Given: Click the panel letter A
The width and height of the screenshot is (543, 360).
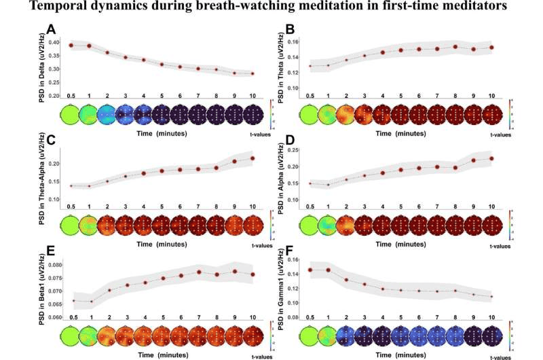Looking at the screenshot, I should tap(51, 29).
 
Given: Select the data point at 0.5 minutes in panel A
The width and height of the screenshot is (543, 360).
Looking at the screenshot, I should tap(71, 46).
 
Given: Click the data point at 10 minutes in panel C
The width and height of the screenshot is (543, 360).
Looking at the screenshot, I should tap(252, 158).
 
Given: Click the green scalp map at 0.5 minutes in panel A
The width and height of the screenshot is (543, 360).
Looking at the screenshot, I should tap(71, 114).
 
